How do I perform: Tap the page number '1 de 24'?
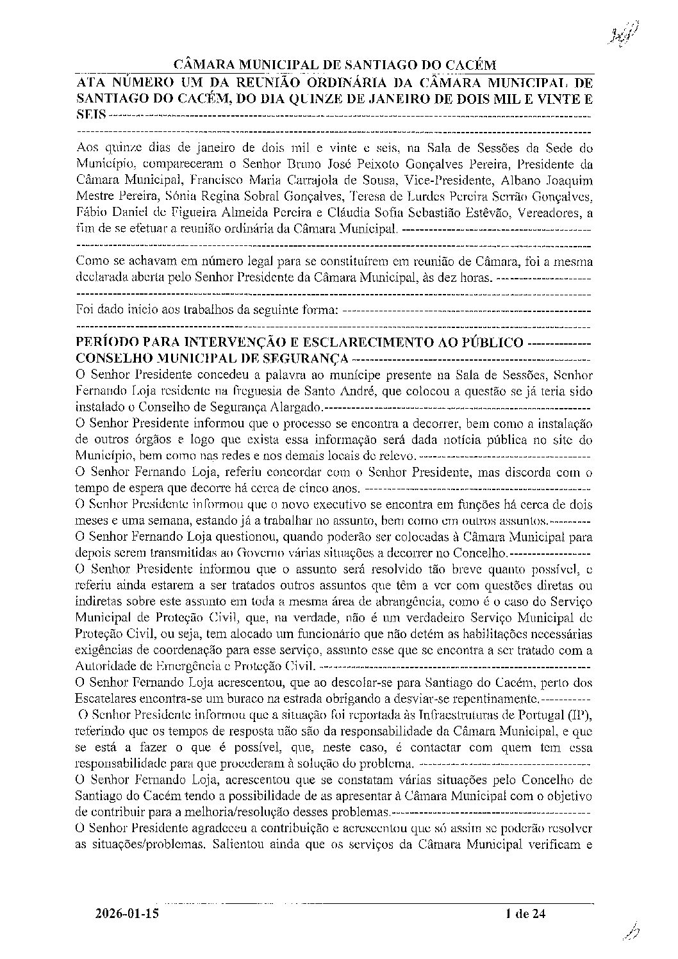(x=524, y=914)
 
